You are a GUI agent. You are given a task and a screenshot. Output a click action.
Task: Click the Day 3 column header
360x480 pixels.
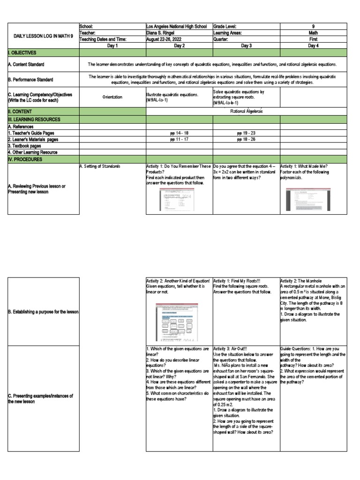point(246,46)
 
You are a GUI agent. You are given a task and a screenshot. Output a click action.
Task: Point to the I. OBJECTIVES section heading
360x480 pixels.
point(22,53)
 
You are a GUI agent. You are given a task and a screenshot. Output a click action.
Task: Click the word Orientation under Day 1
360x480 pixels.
point(112,97)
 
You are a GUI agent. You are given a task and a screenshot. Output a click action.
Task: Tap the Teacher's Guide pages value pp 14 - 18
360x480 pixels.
point(179,133)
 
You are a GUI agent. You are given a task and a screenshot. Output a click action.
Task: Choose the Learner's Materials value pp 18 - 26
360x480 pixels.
point(246,139)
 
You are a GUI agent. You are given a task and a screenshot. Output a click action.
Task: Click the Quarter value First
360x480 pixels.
point(313,40)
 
